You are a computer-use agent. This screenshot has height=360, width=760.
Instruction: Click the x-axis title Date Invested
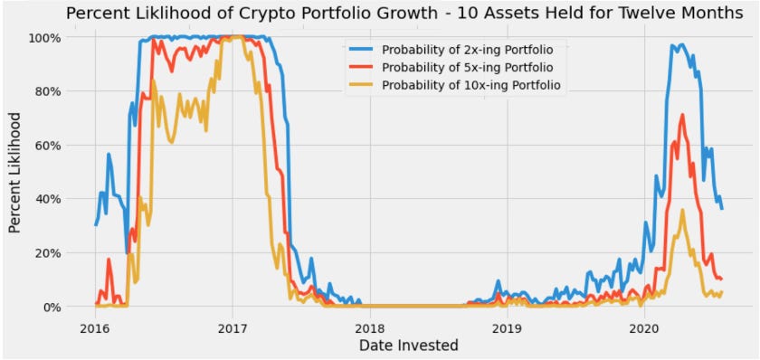(x=409, y=345)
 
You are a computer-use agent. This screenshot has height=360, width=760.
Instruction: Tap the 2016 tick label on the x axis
(x=95, y=326)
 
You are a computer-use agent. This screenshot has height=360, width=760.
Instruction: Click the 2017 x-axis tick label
(x=233, y=326)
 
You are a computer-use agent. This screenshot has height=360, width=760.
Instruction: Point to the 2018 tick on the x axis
(x=369, y=326)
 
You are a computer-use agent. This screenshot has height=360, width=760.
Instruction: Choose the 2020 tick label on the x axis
(x=643, y=326)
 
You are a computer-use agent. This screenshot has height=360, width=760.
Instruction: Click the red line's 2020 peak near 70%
(x=681, y=115)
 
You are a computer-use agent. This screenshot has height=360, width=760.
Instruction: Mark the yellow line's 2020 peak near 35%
(x=682, y=211)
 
